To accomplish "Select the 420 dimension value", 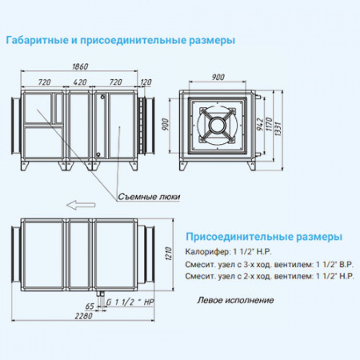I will pyautogui.click(x=80, y=82).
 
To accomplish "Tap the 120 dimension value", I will pyautogui.click(x=146, y=82).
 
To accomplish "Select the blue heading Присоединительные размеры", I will pyautogui.click(x=263, y=238).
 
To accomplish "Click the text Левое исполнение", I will pyautogui.click(x=235, y=300).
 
